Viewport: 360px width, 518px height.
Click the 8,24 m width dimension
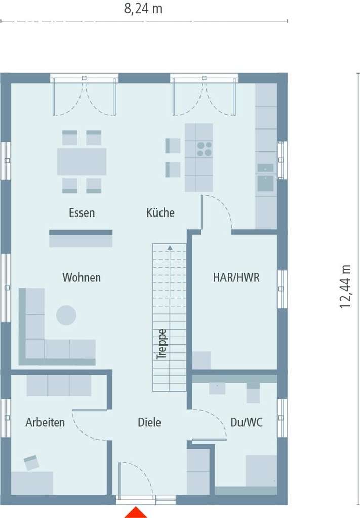click(143, 9)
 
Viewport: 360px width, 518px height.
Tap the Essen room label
click(82, 213)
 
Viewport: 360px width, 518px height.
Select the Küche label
click(161, 213)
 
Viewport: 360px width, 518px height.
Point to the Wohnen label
click(82, 278)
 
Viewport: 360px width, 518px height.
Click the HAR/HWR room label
click(236, 278)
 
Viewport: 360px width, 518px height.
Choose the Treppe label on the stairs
click(162, 344)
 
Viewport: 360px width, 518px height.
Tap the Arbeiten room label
click(45, 422)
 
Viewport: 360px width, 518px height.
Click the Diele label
click(149, 422)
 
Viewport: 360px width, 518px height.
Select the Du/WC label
click(246, 422)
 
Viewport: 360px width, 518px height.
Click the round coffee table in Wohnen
click(66, 315)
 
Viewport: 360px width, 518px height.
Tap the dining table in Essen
click(82, 161)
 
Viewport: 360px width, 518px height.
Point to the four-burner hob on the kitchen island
click(205, 149)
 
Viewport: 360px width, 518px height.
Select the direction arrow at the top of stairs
click(170, 247)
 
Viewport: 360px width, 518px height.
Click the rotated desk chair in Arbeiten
click(31, 462)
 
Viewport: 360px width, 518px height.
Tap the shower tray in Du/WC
click(261, 470)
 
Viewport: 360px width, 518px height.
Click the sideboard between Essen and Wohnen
click(81, 239)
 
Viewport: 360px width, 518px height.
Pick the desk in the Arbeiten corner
click(31, 483)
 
